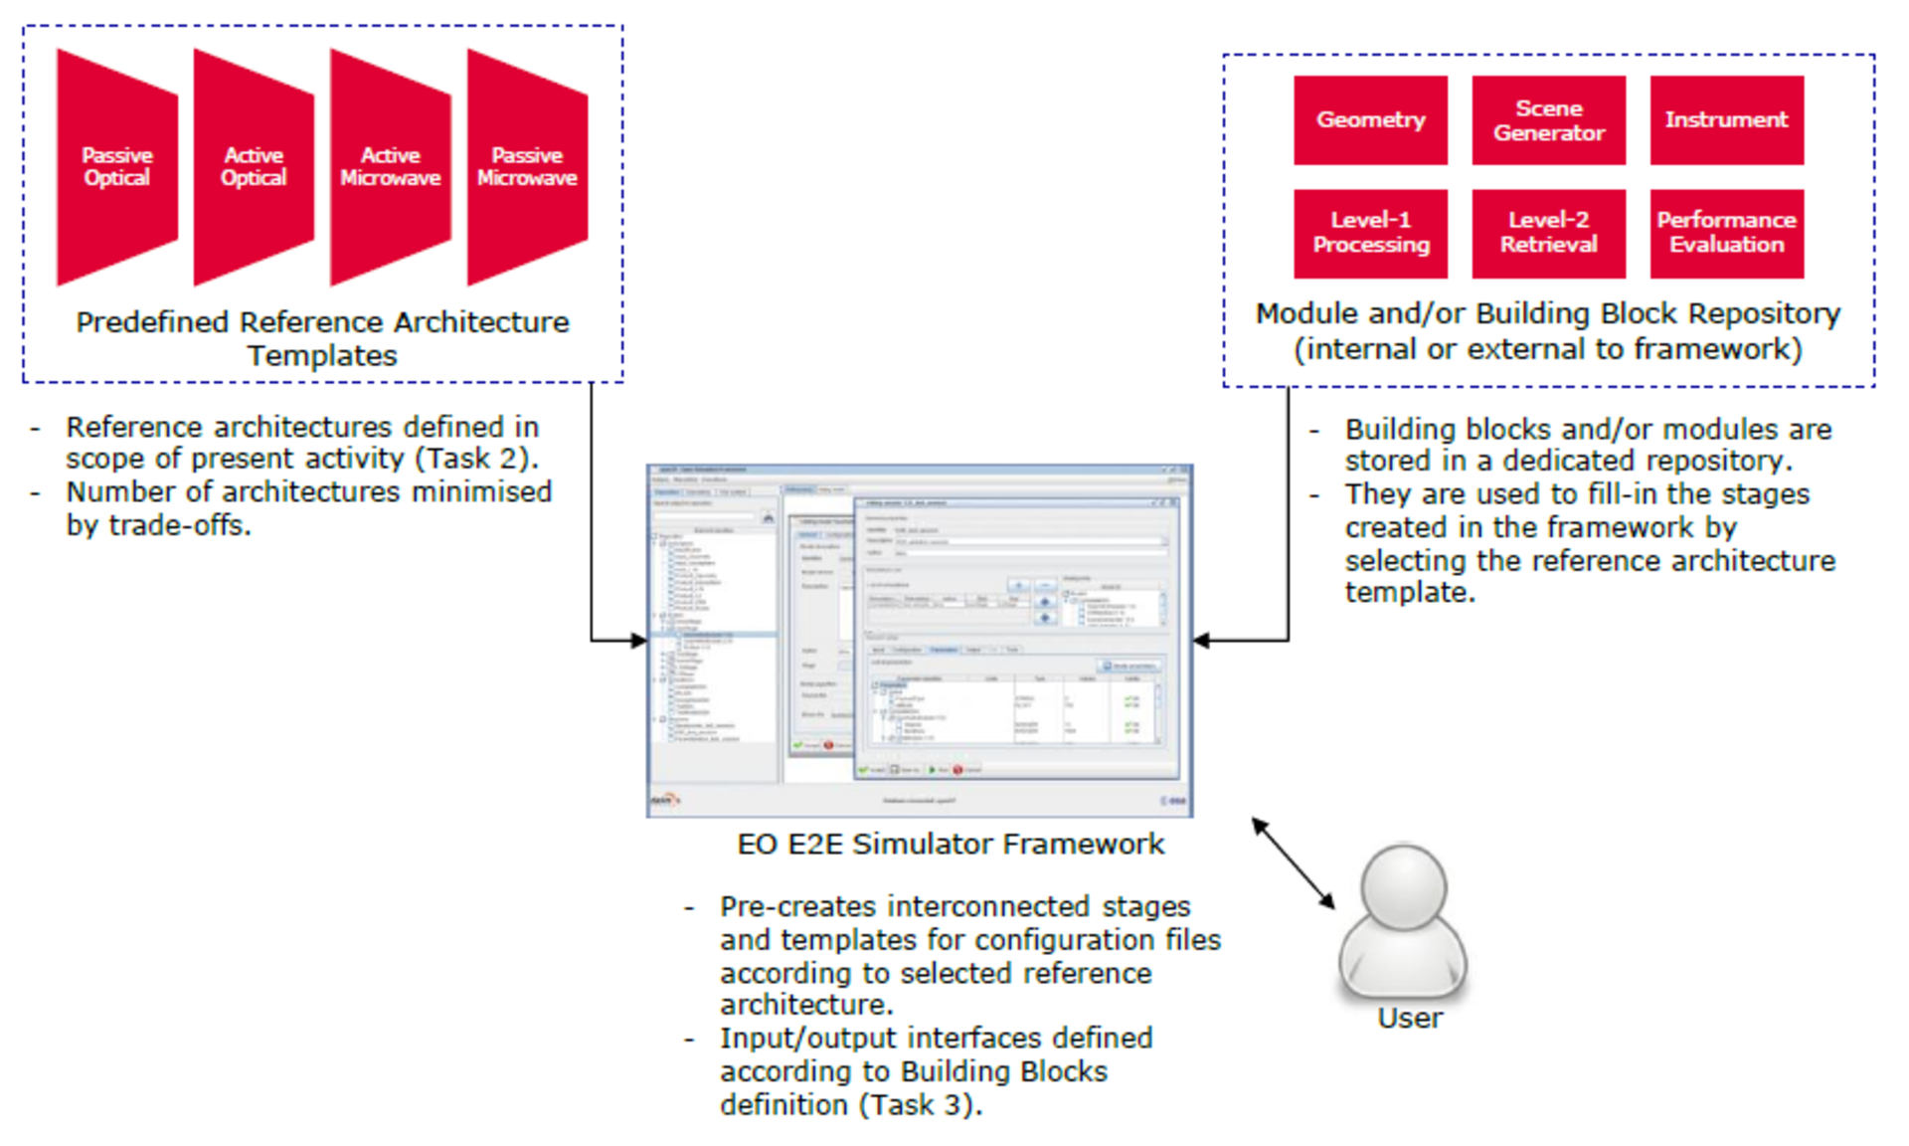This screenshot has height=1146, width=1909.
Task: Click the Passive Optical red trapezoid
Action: coord(117,166)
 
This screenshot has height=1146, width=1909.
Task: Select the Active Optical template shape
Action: coord(254,166)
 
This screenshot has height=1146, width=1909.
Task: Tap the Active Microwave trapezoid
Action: coord(391,166)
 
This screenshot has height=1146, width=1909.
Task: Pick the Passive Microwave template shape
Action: coord(527,166)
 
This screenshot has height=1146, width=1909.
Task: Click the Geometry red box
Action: coord(1370,120)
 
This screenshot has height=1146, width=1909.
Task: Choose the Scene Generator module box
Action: coord(1548,120)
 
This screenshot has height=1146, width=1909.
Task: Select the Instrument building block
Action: coord(1726,120)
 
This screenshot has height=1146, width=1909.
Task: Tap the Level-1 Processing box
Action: coord(1370,233)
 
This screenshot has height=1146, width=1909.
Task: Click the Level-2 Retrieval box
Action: coord(1548,233)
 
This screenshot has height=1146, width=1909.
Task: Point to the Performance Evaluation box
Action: coord(1726,233)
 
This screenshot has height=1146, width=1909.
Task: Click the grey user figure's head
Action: coord(1403,885)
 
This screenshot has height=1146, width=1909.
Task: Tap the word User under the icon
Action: coord(1409,1019)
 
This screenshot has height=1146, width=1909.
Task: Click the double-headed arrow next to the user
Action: coord(1294,862)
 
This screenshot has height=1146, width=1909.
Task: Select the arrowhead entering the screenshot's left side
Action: coord(638,641)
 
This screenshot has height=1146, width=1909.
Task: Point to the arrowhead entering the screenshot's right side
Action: coord(1201,641)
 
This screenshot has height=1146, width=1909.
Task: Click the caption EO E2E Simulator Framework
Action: coord(950,844)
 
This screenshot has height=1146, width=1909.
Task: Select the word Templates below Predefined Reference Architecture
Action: coord(322,356)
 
